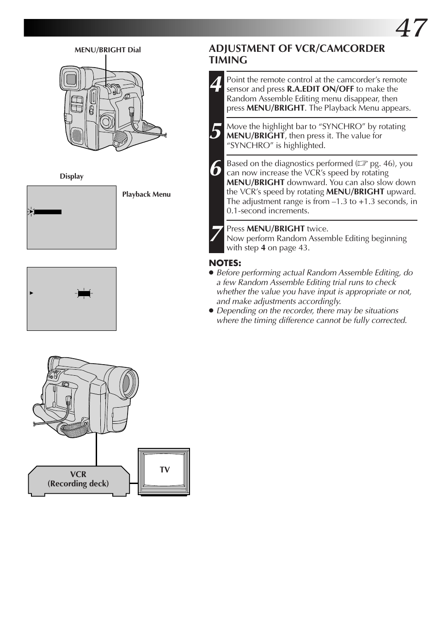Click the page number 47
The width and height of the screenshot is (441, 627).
tap(411, 28)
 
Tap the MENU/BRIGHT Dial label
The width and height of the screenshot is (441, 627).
tap(108, 50)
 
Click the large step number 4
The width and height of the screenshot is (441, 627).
tap(216, 84)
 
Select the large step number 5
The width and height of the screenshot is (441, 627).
tap(215, 131)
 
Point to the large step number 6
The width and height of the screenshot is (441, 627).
tap(215, 168)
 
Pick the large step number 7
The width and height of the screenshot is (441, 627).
tap(216, 234)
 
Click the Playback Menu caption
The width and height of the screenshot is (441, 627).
tap(146, 194)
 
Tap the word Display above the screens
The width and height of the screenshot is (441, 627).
tap(72, 176)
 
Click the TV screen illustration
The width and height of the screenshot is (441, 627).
tap(164, 471)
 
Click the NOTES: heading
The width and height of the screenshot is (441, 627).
tap(225, 263)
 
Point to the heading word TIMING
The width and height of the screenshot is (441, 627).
tap(228, 60)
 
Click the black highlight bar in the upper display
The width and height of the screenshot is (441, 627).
tap(48, 212)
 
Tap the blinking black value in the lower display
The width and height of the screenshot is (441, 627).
tap(84, 293)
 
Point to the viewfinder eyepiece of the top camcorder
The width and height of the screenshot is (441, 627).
tap(71, 79)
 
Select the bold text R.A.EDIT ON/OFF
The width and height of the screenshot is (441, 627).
tap(320, 89)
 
